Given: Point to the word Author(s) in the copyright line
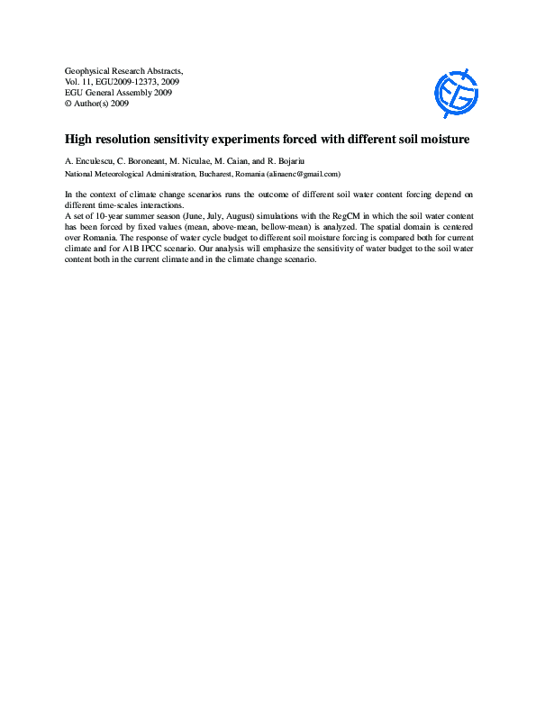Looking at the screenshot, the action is pyautogui.click(x=92, y=103).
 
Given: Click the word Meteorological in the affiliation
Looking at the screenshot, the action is pyautogui.click(x=124, y=174).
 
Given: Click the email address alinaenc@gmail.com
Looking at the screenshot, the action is pyautogui.click(x=302, y=174).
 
